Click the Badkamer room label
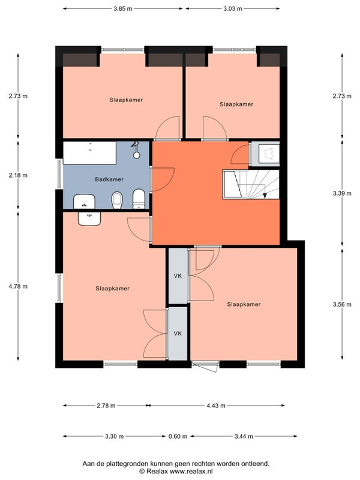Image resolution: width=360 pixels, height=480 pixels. point(109,179)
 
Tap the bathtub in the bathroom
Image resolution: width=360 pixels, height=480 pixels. point(89,153)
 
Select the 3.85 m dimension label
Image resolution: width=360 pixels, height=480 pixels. point(123,8)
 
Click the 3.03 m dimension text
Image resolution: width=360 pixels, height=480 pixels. point(233,8)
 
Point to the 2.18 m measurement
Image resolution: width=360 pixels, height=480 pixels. point(18,175)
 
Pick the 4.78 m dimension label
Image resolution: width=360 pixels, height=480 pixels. point(18,287)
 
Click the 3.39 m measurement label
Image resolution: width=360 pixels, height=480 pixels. point(342,193)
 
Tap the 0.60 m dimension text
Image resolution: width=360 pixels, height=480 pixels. point(178,436)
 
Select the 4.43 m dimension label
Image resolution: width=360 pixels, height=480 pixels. point(216,406)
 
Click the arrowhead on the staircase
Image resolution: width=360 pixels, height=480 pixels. point(265,196)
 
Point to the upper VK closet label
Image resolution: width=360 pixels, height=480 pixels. point(178,276)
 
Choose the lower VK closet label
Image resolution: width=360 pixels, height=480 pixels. point(178,334)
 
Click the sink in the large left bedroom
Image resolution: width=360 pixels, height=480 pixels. point(89,218)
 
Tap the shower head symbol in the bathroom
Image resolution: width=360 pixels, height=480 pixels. point(136,150)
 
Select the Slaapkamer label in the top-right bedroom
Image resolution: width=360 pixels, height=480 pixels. point(236,104)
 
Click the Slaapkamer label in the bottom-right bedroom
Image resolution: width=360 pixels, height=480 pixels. point(244,304)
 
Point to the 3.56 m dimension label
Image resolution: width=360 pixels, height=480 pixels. point(342,304)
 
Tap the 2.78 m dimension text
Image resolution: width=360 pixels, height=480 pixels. point(106,406)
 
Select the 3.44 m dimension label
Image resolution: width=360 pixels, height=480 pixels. point(244,436)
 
